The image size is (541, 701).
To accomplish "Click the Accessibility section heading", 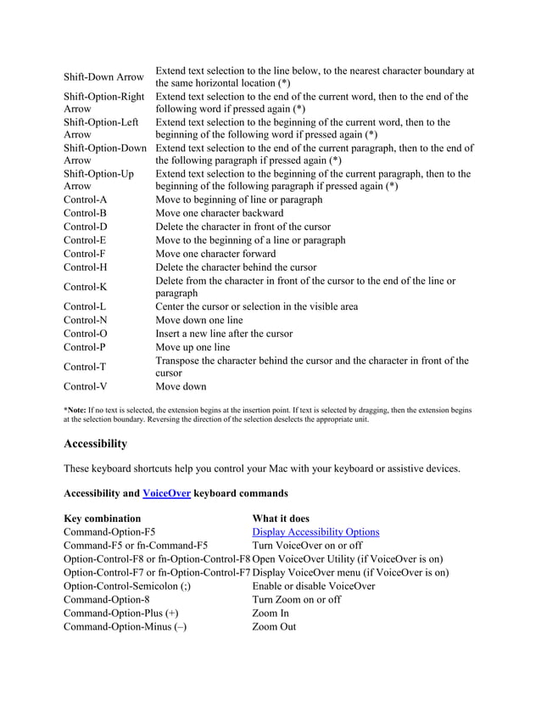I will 96,444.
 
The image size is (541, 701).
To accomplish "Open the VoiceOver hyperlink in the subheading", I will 166,492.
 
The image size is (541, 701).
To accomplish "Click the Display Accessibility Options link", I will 315,532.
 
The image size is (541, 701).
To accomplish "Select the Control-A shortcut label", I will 85,200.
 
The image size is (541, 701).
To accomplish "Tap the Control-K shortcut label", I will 85,287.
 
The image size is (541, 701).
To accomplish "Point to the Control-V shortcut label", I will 85,387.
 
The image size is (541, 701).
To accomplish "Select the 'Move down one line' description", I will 198,320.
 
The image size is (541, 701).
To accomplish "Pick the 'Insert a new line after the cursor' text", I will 224,334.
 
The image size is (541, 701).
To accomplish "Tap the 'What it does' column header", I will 281,519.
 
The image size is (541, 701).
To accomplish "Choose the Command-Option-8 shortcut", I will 107,599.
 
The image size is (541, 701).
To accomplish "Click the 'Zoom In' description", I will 270,613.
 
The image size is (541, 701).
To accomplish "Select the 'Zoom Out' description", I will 274,627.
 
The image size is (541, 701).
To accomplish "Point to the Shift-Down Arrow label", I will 104,77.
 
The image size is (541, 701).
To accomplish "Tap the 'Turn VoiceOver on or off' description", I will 307,546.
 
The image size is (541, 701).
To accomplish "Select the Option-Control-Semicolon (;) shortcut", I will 127,586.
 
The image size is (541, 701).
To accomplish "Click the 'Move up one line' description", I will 192,347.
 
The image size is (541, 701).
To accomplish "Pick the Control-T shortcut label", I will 85,367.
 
